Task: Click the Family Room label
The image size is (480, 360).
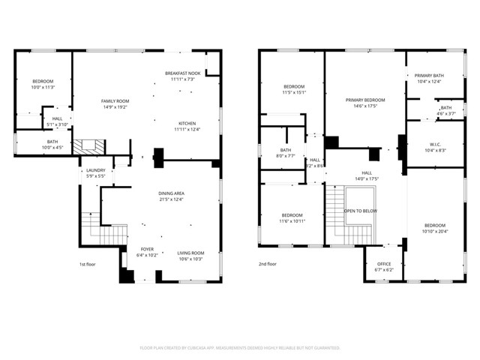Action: pos(115,101)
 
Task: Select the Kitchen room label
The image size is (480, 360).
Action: pos(187,124)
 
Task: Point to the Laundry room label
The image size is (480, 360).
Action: pos(95,170)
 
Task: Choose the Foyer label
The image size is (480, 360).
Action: pos(147,248)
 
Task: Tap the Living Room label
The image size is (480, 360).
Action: pos(190,253)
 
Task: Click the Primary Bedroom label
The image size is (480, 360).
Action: pos(365,100)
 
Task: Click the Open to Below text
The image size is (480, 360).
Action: pos(360,211)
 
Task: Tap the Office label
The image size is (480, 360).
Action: pos(383,263)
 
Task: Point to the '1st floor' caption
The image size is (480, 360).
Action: pos(88,264)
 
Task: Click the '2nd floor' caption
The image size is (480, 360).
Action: pos(267,264)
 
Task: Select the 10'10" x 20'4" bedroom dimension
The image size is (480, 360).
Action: pos(434,232)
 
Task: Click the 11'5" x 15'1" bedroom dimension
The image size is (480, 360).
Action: pos(293,93)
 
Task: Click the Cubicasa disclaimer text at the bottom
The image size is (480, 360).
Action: pos(240,348)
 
